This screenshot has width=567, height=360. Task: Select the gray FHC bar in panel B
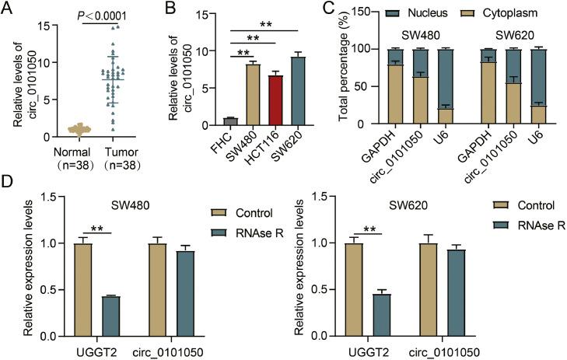coord(208,121)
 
